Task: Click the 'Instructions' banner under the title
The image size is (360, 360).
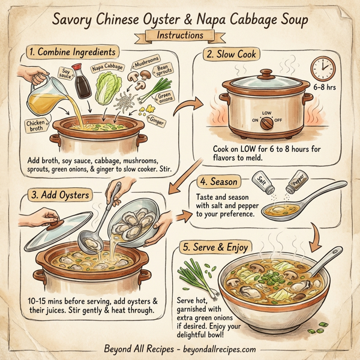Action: coord(179,35)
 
